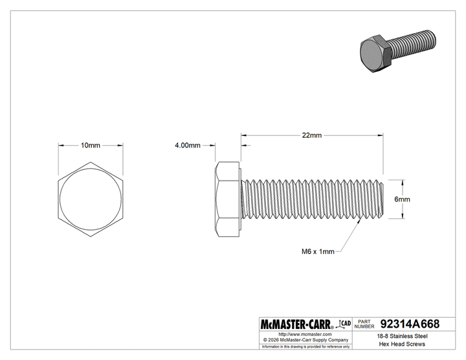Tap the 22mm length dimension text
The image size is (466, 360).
click(x=311, y=135)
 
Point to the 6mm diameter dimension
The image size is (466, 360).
click(x=402, y=199)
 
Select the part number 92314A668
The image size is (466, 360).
click(x=410, y=324)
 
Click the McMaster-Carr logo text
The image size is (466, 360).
click(x=295, y=324)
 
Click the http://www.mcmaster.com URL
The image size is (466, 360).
click(x=305, y=333)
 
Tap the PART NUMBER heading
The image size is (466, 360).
click(x=366, y=324)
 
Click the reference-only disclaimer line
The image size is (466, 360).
click(x=305, y=346)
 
